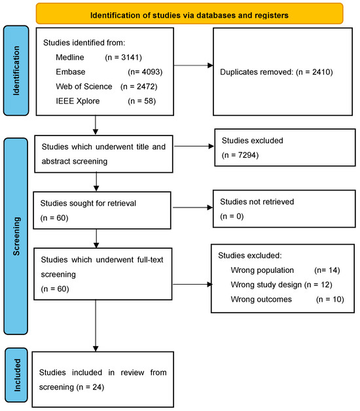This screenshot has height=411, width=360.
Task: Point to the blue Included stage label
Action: (x=18, y=375)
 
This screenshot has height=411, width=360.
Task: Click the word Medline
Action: (x=71, y=57)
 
